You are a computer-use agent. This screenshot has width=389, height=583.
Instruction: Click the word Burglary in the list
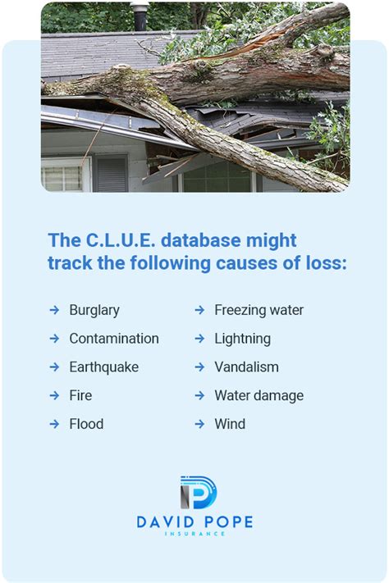click(x=94, y=310)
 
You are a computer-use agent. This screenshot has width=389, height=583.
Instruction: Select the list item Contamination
click(x=114, y=339)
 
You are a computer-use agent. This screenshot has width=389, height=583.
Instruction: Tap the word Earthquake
click(x=103, y=367)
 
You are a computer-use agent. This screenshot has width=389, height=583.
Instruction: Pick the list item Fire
click(x=80, y=395)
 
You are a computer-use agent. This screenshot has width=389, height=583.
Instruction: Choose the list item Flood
click(x=86, y=424)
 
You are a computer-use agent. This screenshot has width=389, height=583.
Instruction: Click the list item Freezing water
click(x=259, y=310)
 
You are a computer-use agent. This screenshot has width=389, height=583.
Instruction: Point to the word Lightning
click(x=242, y=339)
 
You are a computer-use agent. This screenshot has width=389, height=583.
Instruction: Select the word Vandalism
click(x=246, y=367)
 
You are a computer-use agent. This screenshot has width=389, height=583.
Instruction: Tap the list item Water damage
click(x=259, y=395)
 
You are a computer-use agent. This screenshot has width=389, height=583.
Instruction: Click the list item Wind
click(x=230, y=424)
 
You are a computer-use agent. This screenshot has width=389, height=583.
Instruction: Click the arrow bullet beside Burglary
click(x=54, y=310)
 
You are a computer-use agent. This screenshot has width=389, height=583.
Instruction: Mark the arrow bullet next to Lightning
click(x=199, y=339)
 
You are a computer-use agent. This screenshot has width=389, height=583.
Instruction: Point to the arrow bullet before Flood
click(x=54, y=424)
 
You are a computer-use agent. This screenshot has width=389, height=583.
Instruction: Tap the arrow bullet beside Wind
click(x=199, y=424)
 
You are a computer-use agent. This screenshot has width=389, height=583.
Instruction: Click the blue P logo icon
click(x=196, y=492)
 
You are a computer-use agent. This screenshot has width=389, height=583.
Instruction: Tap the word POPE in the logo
click(x=225, y=522)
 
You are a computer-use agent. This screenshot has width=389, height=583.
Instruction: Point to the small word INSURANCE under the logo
click(x=195, y=534)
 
